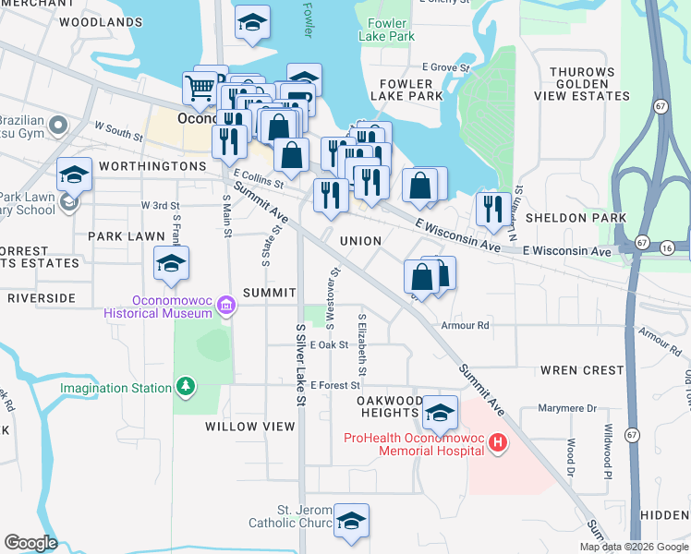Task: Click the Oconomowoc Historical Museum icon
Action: click(x=222, y=313)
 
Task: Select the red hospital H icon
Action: click(x=498, y=443)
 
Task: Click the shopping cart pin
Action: click(x=200, y=90)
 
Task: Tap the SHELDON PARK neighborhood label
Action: click(x=576, y=218)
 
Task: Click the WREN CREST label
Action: click(x=582, y=370)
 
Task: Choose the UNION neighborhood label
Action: click(x=360, y=241)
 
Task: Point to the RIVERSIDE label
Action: click(x=41, y=298)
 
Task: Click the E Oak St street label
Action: click(x=329, y=344)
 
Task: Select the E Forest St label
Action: click(x=333, y=385)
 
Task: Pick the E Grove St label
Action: click(x=446, y=67)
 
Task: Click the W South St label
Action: click(x=118, y=133)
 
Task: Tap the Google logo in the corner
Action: click(x=30, y=543)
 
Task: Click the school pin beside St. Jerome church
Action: click(x=351, y=523)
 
